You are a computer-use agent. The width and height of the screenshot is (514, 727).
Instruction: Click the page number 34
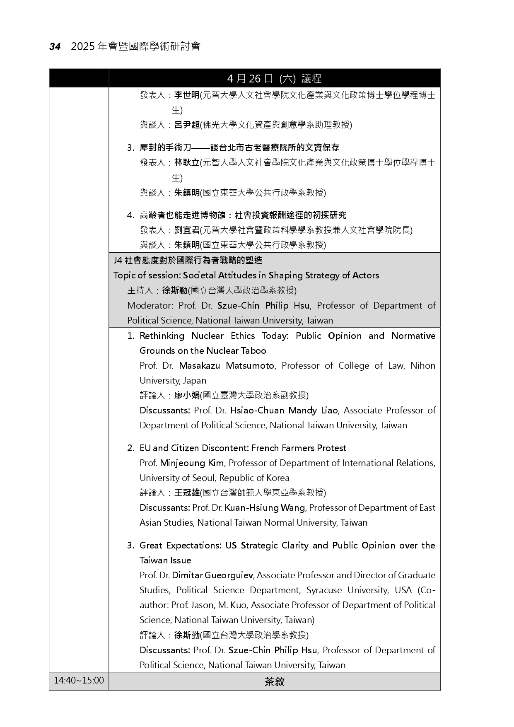(55, 47)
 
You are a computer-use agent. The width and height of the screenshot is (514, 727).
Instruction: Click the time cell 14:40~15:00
(79, 681)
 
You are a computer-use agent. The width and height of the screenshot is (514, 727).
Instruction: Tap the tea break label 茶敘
(274, 681)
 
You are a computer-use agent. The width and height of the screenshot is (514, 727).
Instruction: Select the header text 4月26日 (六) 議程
(274, 78)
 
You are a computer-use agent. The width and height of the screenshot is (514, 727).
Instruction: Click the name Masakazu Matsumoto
(227, 366)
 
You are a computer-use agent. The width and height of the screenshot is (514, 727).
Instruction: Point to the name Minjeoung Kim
(192, 463)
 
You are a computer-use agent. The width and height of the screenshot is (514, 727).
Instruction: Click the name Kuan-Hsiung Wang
(265, 508)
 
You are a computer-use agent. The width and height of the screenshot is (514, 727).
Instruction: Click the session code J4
(118, 261)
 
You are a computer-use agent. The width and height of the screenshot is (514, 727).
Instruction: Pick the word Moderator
(150, 306)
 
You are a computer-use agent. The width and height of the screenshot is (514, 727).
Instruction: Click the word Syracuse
(324, 590)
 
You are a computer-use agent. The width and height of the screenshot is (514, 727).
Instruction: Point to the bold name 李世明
(186, 95)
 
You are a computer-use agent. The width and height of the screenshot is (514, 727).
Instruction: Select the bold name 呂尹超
(186, 125)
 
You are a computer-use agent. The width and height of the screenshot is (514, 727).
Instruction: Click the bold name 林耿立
(186, 163)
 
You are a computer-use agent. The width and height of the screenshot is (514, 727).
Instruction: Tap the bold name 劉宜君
(186, 230)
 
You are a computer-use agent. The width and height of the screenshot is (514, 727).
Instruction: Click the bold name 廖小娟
(186, 395)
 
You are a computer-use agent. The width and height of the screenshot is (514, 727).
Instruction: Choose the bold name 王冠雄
(186, 493)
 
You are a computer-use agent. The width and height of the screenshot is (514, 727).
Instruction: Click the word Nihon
(423, 366)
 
